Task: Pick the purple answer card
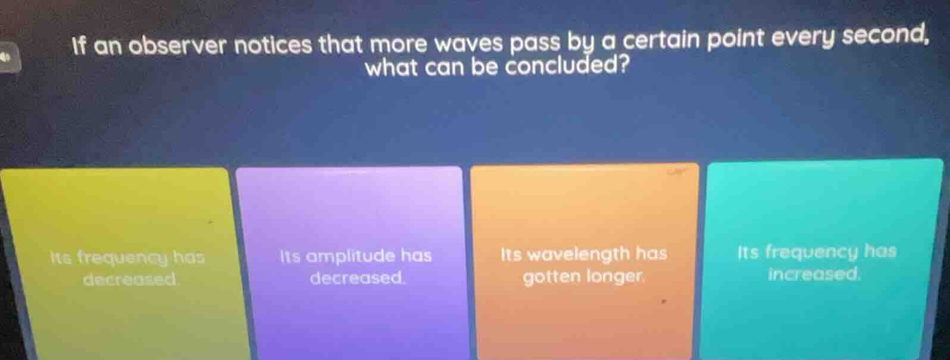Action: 350,262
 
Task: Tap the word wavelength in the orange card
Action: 579,255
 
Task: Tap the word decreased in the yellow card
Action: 130,279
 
